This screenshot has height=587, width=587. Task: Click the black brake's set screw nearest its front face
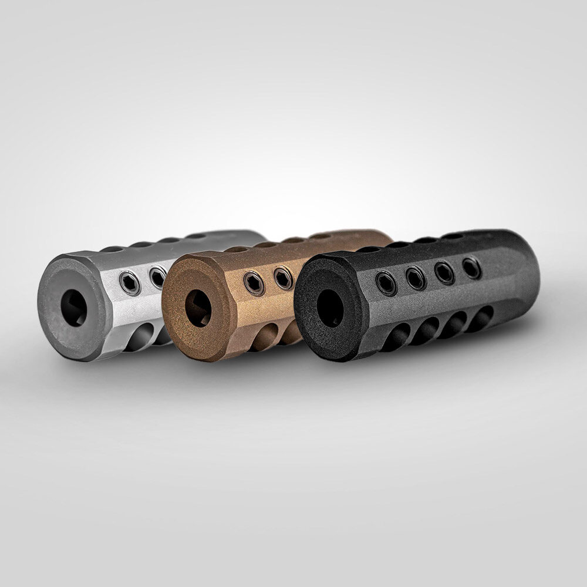[385, 283]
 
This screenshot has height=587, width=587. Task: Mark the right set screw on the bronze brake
[283, 278]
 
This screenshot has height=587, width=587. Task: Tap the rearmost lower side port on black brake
[482, 317]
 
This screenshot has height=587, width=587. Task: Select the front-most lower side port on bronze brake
[265, 338]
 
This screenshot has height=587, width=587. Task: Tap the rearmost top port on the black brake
[453, 236]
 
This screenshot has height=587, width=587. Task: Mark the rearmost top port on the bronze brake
[321, 236]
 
